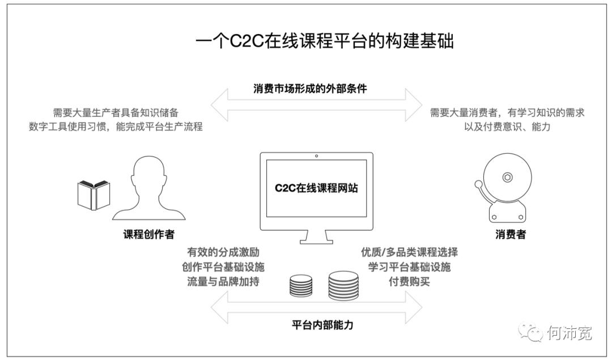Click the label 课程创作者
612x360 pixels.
[x=149, y=234]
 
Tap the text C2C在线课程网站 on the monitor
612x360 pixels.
[x=316, y=188]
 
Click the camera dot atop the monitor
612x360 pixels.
[x=316, y=156]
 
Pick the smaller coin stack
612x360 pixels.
[x=301, y=286]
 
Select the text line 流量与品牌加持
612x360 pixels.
[x=223, y=281]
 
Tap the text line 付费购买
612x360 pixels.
[x=409, y=281]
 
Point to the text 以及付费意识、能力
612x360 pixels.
[x=507, y=127]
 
